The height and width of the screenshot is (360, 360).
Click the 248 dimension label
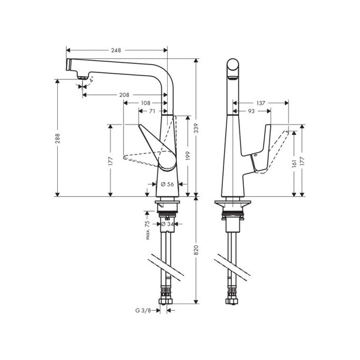click(x=116, y=50)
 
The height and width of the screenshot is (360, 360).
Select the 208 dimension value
click(x=124, y=95)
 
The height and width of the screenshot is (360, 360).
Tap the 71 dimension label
click(x=152, y=111)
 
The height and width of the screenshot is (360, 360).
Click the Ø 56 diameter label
click(x=167, y=184)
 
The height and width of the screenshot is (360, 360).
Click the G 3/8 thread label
click(x=143, y=311)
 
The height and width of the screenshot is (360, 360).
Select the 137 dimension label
click(x=260, y=103)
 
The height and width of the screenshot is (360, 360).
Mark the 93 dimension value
click(x=251, y=111)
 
